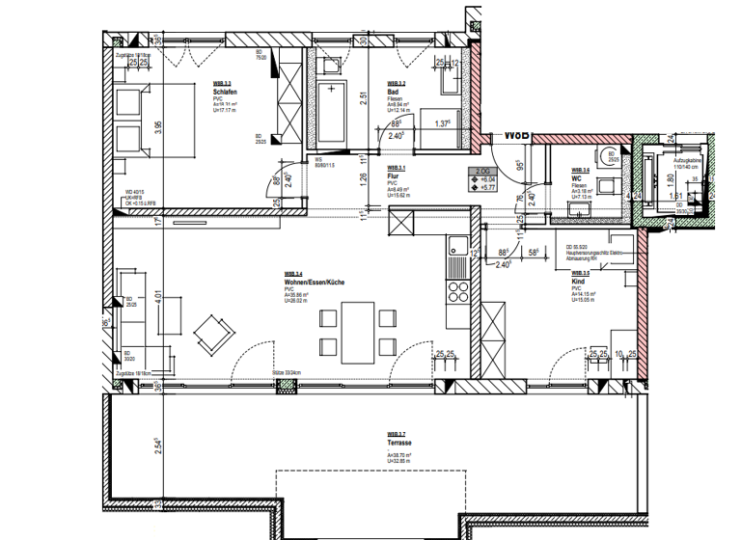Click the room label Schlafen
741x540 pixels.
tap(213, 93)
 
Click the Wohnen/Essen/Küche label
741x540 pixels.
tap(307, 282)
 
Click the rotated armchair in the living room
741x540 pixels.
tap(213, 335)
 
